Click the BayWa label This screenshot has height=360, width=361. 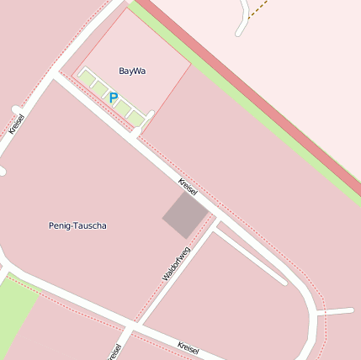[132, 71]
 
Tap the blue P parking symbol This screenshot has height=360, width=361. [114, 98]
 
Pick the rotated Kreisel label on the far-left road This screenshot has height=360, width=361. [16, 124]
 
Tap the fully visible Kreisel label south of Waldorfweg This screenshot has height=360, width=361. [188, 346]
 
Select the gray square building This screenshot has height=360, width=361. [185, 214]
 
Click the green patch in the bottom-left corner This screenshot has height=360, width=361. [15, 311]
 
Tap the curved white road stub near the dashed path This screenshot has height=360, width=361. [245, 21]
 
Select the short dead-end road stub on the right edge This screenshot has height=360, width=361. [337, 312]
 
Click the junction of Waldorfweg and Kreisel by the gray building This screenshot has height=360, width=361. [215, 220]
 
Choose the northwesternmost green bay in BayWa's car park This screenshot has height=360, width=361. [86, 77]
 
